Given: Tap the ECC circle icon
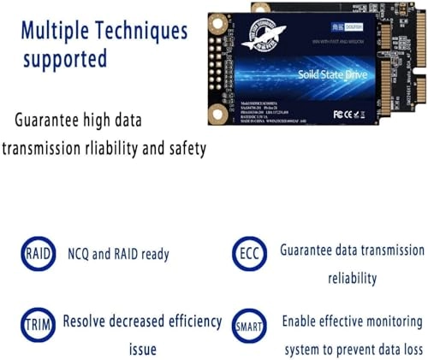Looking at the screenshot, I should click(246, 254).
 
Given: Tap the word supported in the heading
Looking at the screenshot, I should click(65, 60).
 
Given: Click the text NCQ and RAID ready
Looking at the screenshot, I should click(117, 254).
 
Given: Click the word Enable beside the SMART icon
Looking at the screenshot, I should click(305, 321).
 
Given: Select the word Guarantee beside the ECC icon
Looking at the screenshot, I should click(311, 251).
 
